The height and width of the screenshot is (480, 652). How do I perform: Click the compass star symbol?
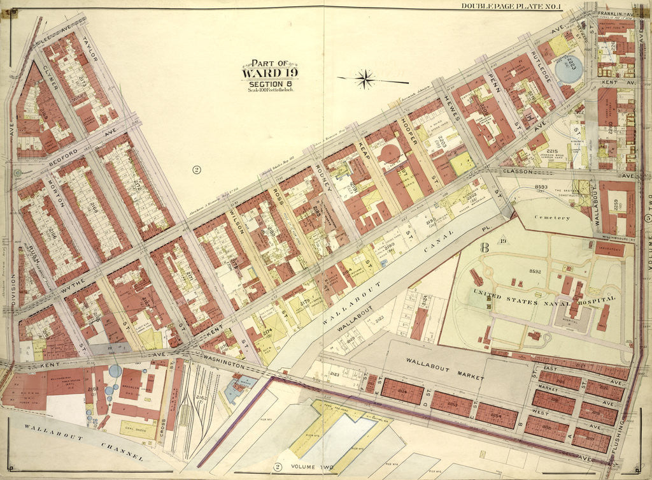[x=365, y=80]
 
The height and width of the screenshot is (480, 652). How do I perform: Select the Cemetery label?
[x=551, y=217]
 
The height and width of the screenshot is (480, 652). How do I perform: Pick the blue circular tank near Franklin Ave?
[x=570, y=70]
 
